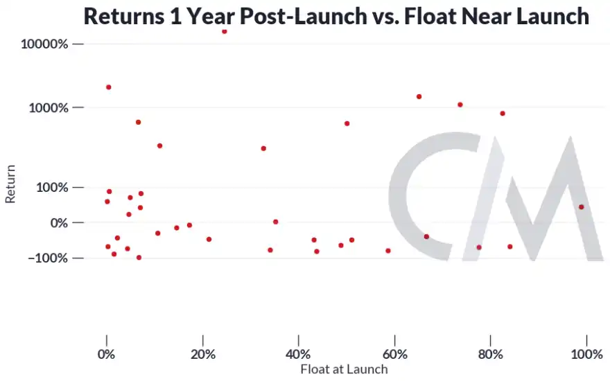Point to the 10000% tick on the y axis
point(45,44)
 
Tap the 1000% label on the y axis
point(48,108)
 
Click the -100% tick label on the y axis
point(47,258)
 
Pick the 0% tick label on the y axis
point(56,223)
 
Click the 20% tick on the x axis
point(202,355)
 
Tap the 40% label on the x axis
point(298,355)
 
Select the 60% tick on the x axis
point(394,355)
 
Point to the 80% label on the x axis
point(490,355)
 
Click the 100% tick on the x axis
point(586,355)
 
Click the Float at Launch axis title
point(344,370)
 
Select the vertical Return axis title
point(10,188)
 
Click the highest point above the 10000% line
point(225,31)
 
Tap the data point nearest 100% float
point(581,206)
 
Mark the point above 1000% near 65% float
point(419,96)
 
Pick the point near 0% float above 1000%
point(108,87)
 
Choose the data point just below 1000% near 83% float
point(503,114)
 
